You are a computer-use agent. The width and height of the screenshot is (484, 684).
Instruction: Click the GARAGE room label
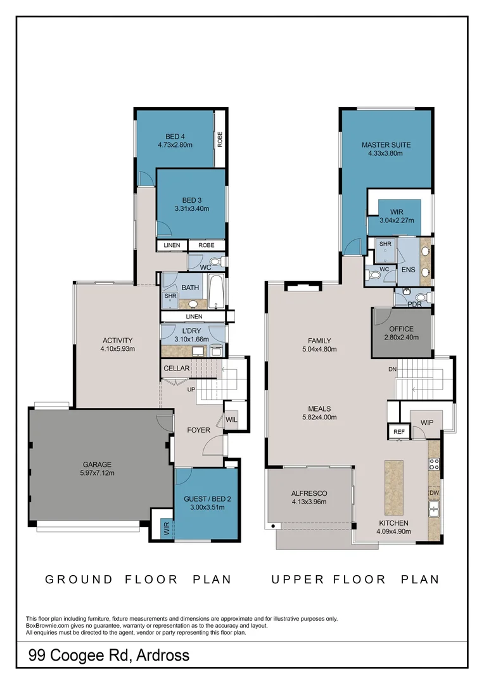point(97,465)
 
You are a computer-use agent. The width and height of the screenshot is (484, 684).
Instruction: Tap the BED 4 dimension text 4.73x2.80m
point(175,145)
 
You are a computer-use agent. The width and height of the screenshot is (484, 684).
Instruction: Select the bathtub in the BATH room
point(216,291)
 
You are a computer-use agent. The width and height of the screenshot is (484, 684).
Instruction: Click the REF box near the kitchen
point(399,431)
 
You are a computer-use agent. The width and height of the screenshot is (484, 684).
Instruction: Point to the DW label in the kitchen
point(434,493)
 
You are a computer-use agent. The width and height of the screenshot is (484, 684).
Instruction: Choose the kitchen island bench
point(393,487)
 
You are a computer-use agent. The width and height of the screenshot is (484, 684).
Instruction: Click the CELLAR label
point(176,368)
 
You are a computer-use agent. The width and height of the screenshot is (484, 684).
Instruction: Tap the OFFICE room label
point(401,329)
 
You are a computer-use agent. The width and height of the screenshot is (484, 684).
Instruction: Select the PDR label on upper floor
point(414,304)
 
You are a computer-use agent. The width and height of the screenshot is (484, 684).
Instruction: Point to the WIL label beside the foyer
point(231,420)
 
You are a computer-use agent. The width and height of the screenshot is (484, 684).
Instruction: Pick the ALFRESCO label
point(309,493)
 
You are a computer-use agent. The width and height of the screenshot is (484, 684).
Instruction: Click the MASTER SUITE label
point(386,145)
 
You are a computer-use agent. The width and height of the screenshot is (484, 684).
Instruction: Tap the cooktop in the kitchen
point(434,464)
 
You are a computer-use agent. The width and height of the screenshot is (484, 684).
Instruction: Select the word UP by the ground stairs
point(191,389)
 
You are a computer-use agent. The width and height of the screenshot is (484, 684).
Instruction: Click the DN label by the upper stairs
point(392,369)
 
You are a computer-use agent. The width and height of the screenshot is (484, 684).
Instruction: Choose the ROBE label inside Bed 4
point(220,139)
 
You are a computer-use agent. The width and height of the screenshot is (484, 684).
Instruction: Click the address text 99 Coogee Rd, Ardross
point(109,655)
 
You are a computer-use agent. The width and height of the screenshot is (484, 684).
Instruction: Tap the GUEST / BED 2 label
point(207,499)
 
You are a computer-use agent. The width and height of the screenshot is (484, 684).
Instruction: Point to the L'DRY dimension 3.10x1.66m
point(191,339)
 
